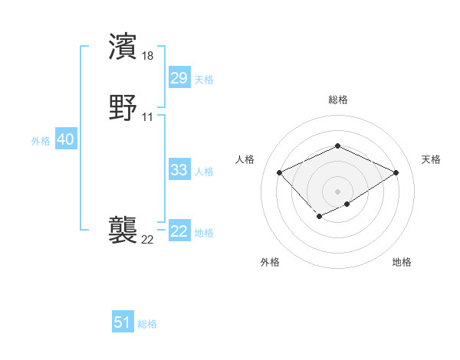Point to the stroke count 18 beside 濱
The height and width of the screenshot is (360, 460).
(x=148, y=55)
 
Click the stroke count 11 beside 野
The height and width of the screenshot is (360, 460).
(x=148, y=116)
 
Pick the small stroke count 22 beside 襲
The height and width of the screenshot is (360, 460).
(x=148, y=239)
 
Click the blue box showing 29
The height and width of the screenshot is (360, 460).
(x=179, y=78)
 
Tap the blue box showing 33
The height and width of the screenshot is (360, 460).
(x=179, y=170)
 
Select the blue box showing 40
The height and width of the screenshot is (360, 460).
(x=65, y=140)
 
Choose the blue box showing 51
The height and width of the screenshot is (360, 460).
(x=123, y=322)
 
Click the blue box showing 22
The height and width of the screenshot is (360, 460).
(x=179, y=231)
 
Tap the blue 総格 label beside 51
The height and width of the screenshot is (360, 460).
(x=147, y=324)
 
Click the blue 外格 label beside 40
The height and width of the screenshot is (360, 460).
(x=41, y=141)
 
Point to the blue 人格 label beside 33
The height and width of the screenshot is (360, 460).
(x=204, y=172)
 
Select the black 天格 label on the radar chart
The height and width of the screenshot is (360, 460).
(x=431, y=159)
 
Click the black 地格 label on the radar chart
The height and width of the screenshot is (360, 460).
(x=402, y=262)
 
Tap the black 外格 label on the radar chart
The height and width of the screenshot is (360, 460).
(x=270, y=262)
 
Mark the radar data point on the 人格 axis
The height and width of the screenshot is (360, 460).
(x=280, y=172)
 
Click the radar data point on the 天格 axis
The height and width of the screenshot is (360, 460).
(x=396, y=172)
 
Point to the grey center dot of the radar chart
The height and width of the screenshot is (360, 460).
(x=337, y=191)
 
